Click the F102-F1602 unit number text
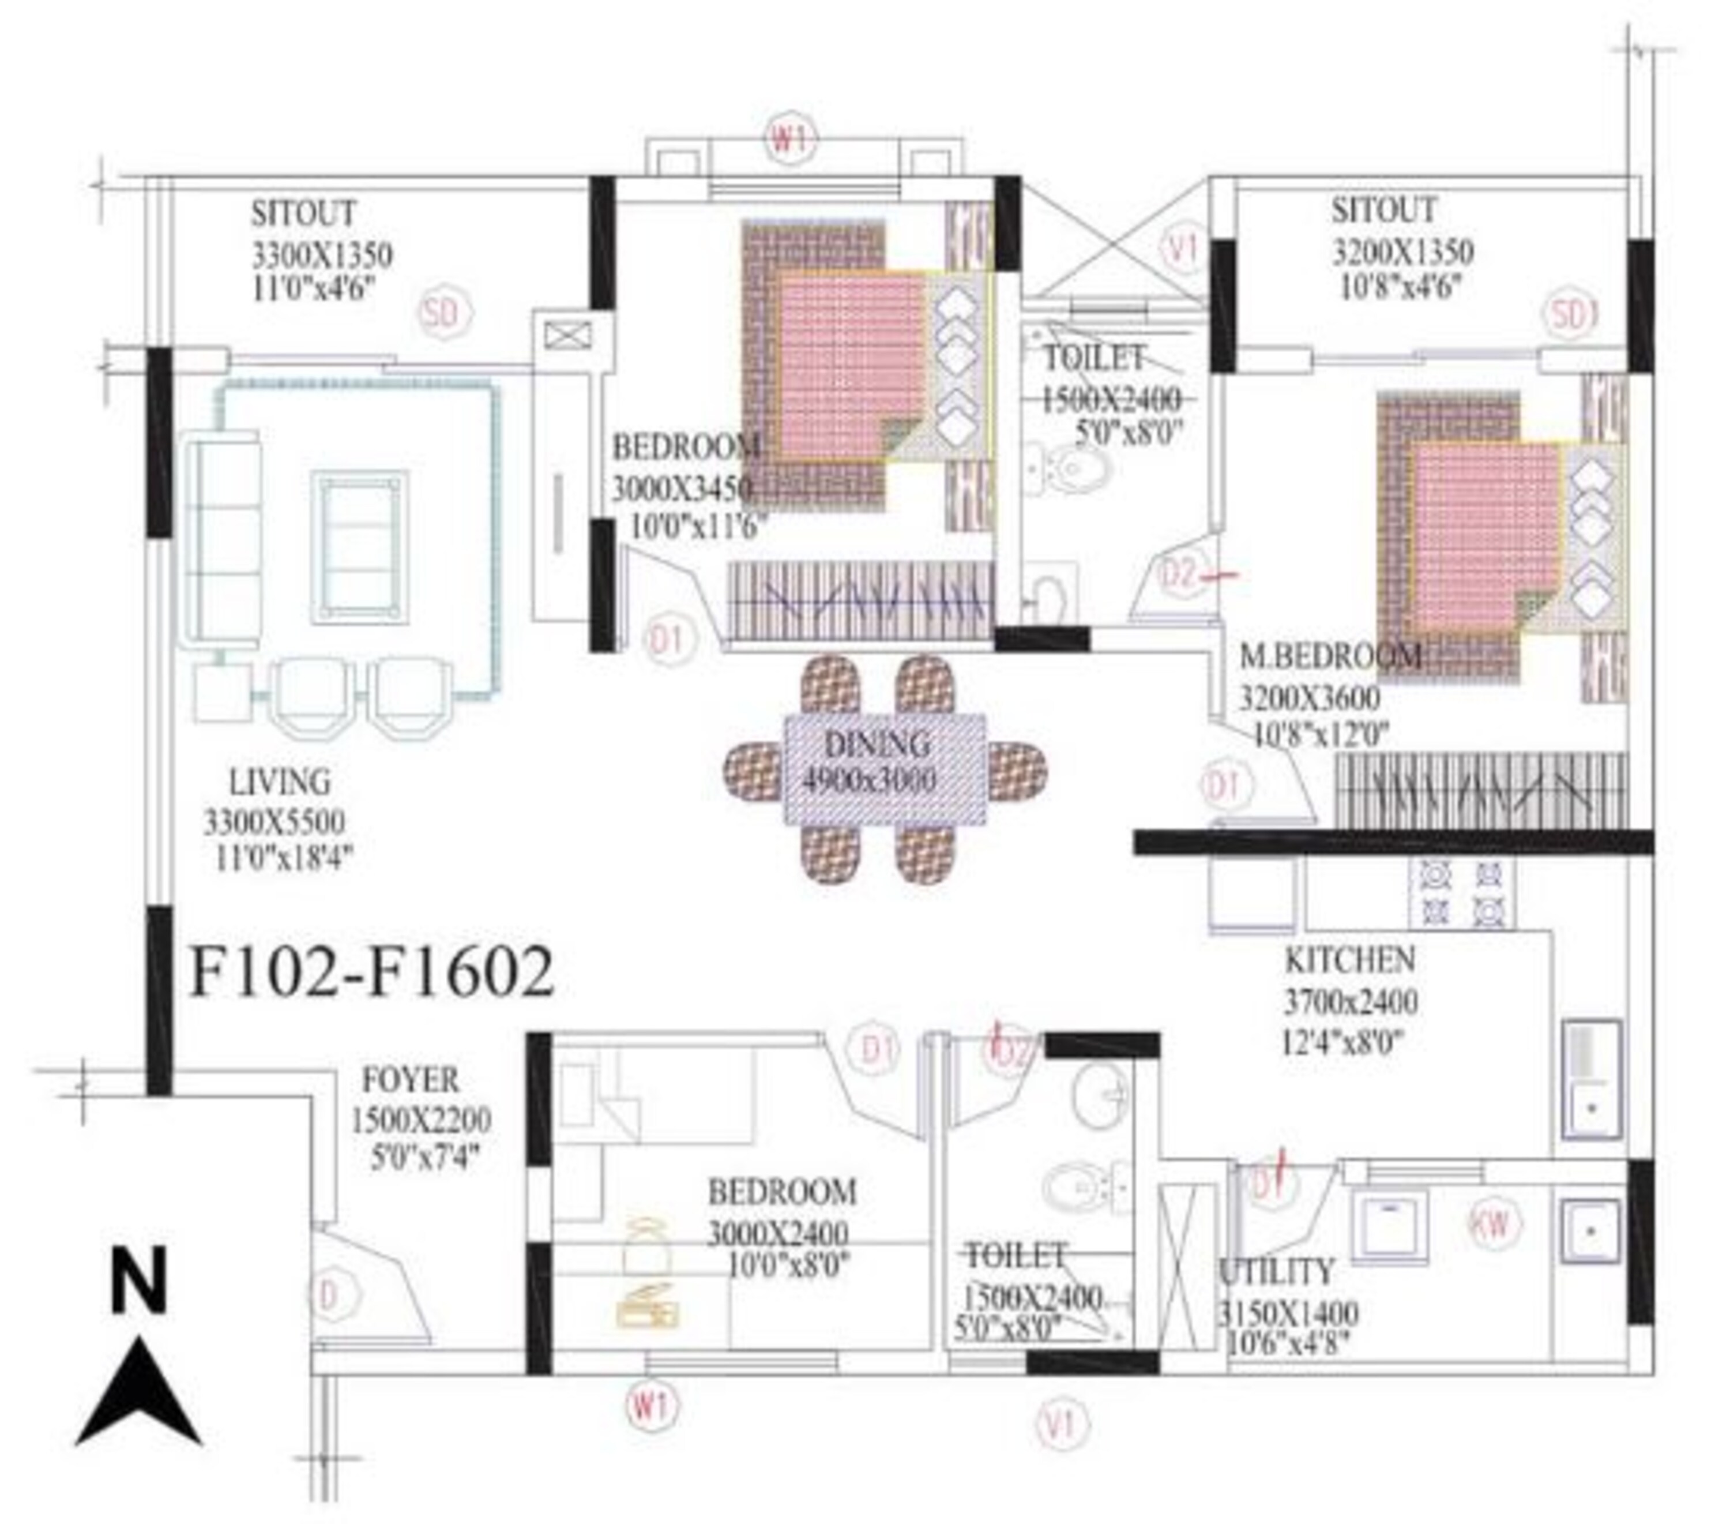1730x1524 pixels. click(371, 973)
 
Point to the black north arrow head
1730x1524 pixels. click(138, 1392)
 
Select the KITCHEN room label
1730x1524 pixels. click(1349, 960)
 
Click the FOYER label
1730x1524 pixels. click(411, 1080)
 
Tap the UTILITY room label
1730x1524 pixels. click(1276, 1272)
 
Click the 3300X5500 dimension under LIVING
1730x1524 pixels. click(274, 822)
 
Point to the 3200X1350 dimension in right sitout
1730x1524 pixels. click(1403, 252)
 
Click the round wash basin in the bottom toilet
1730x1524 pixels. click(1100, 1095)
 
